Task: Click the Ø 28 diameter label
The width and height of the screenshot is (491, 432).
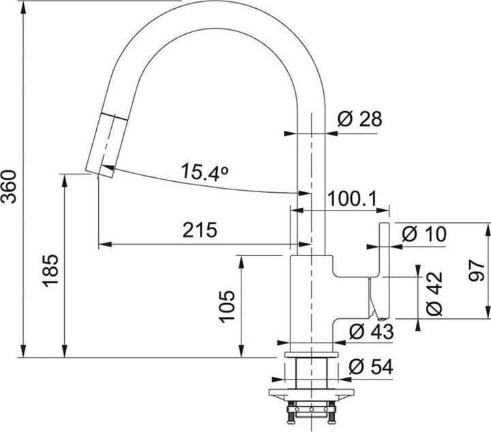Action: point(359,120)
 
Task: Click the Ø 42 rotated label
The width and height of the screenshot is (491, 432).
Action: point(433,294)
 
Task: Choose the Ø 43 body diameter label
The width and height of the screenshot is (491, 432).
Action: point(370,333)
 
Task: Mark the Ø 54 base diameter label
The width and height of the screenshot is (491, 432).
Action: point(370,367)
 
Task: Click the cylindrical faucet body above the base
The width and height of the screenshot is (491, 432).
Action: point(311,300)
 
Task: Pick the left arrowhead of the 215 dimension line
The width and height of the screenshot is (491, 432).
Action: point(103,245)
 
